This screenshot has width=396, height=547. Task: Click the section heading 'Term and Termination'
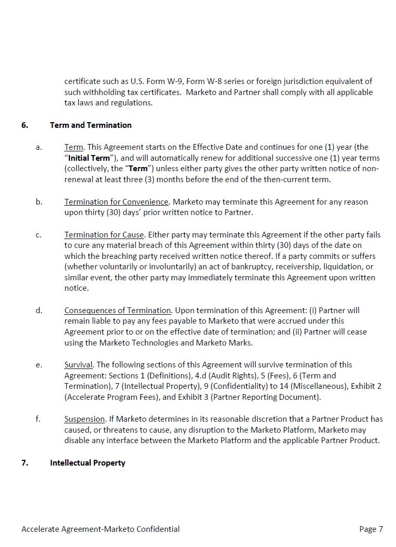point(91,125)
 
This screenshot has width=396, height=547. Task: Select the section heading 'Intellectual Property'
point(88,463)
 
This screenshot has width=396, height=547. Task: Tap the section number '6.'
point(25,125)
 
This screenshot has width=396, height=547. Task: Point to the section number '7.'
point(25,463)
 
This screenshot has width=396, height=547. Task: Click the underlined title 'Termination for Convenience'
point(116,202)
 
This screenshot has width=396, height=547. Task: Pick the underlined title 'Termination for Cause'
point(104,235)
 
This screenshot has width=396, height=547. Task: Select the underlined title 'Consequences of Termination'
point(117,311)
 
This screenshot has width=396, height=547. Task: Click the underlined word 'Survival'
point(78,365)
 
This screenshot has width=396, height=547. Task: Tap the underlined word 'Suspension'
point(85,419)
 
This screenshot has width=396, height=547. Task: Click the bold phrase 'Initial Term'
point(89,158)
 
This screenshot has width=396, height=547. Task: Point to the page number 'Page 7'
point(371,529)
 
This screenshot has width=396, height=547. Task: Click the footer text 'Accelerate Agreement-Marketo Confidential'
point(101,529)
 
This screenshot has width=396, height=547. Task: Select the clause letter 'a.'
point(39,147)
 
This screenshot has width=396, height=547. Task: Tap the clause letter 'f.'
point(38,419)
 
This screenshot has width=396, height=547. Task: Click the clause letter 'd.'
point(39,311)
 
